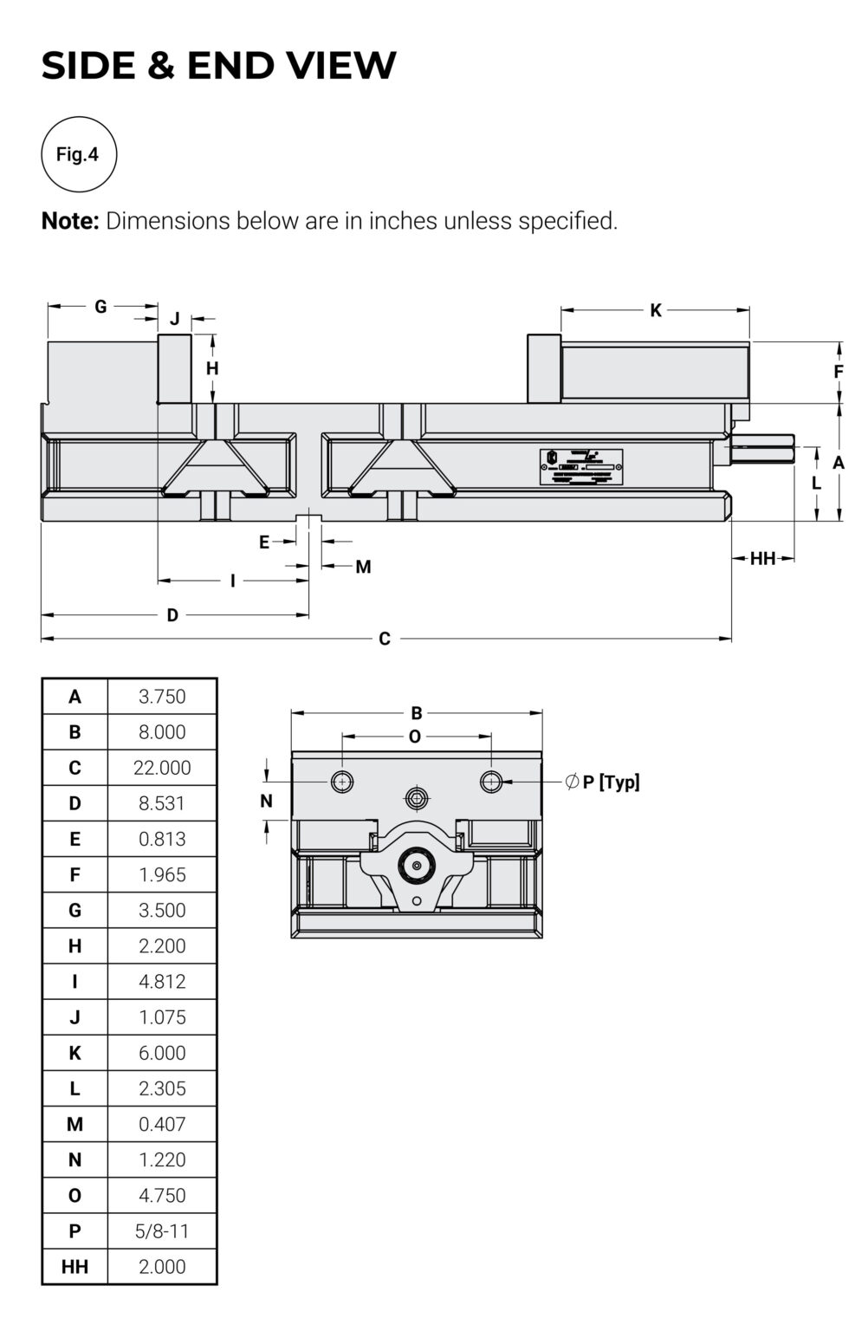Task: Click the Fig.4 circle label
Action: click(78, 154)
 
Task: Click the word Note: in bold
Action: click(71, 221)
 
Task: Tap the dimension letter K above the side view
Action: click(656, 310)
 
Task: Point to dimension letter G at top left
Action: click(100, 307)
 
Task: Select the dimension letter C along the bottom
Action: click(385, 640)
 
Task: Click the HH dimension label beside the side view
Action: click(762, 559)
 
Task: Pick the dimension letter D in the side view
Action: click(172, 615)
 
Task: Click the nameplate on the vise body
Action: click(581, 466)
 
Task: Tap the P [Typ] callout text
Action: click(611, 782)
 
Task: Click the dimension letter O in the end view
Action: click(415, 737)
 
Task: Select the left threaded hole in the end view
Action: click(342, 782)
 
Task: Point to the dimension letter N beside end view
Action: click(266, 802)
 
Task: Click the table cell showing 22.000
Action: click(162, 768)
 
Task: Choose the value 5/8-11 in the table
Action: click(162, 1231)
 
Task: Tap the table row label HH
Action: click(75, 1267)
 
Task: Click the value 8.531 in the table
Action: click(162, 803)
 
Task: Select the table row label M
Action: click(75, 1125)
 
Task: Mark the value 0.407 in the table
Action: click(162, 1125)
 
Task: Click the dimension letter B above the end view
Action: click(417, 713)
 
